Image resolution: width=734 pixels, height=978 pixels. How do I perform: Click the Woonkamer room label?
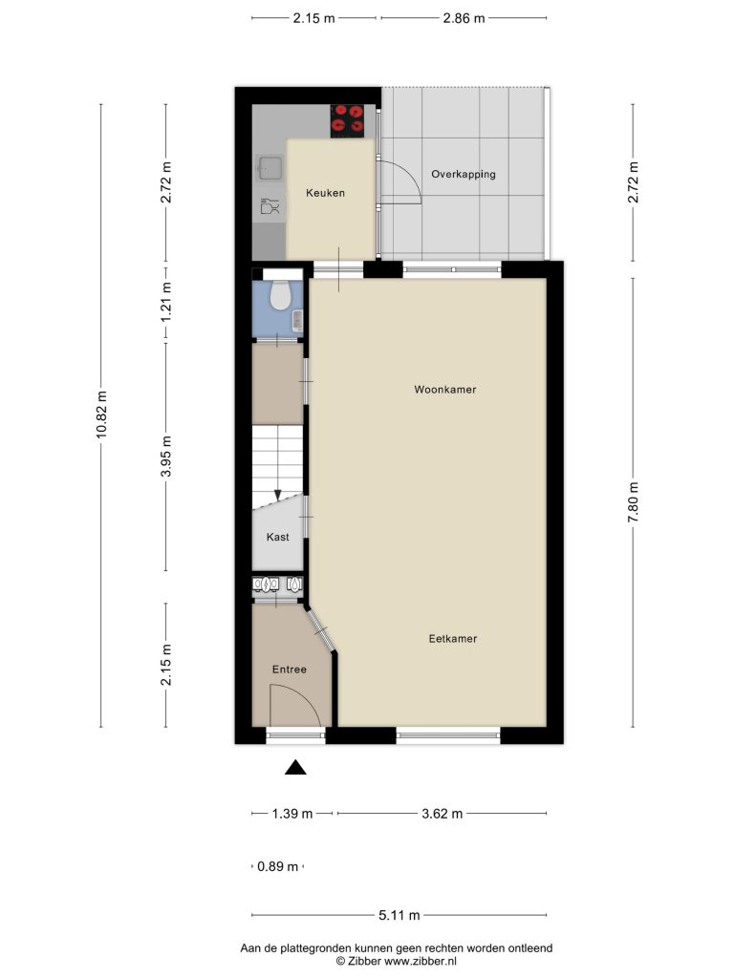point(445,390)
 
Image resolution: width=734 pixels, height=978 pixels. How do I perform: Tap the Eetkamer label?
point(452,639)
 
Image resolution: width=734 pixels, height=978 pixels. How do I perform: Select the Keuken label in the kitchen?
point(325,193)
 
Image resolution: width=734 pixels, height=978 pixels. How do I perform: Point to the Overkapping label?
point(464,174)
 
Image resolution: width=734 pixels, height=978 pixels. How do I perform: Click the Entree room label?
point(289,670)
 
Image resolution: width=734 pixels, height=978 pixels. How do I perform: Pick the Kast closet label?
point(278,537)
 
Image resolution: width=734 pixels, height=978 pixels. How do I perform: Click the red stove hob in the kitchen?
point(347,120)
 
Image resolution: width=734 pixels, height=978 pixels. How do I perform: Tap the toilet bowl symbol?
point(278,295)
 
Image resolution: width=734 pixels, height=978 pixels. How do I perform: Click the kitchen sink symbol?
point(270,168)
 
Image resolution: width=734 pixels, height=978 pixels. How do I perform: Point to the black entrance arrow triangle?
point(295,768)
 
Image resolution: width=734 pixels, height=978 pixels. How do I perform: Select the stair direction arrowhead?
point(278,495)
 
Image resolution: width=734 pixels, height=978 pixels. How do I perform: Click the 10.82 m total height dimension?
point(101,415)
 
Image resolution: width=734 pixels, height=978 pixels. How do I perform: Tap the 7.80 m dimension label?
point(633,502)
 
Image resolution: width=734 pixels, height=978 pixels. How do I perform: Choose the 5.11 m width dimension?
point(399,916)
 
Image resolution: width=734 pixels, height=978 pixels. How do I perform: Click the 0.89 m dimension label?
point(278,866)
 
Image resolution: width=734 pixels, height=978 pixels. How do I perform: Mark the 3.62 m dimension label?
point(442,814)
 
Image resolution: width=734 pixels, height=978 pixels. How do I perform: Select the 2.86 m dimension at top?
point(464,18)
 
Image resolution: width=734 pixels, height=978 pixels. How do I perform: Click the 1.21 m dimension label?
point(166,302)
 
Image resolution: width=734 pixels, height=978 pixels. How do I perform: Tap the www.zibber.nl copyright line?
point(397,961)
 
